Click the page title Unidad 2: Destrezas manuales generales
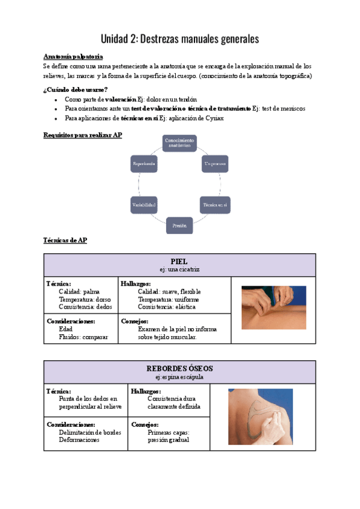click(180, 39)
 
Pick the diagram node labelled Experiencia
click(144, 163)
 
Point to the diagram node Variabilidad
click(144, 205)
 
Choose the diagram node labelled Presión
click(179, 226)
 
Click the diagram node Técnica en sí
click(215, 205)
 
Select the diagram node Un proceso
click(215, 163)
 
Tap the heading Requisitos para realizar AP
click(83, 135)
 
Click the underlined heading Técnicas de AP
click(65, 240)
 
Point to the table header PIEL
click(179, 261)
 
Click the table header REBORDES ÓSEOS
click(179, 368)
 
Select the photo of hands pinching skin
click(274, 307)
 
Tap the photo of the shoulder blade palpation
click(260, 417)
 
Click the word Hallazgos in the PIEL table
click(135, 283)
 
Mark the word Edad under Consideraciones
click(66, 329)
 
